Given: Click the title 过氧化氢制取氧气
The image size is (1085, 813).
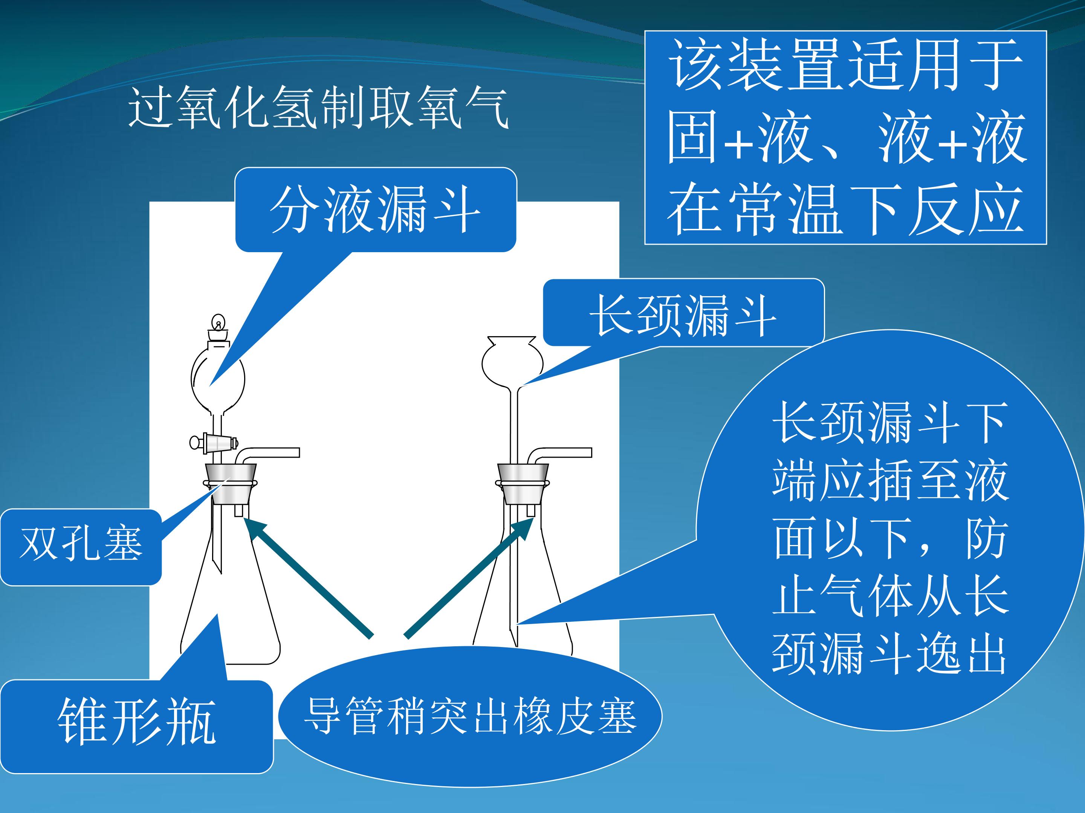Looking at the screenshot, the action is pyautogui.click(x=318, y=107).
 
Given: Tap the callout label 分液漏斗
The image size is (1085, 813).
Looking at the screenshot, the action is pyautogui.click(x=375, y=210).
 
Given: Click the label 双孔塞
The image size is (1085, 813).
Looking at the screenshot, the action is pyautogui.click(x=81, y=544).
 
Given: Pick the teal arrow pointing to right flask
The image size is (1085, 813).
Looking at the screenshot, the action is pyautogui.click(x=469, y=577).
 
